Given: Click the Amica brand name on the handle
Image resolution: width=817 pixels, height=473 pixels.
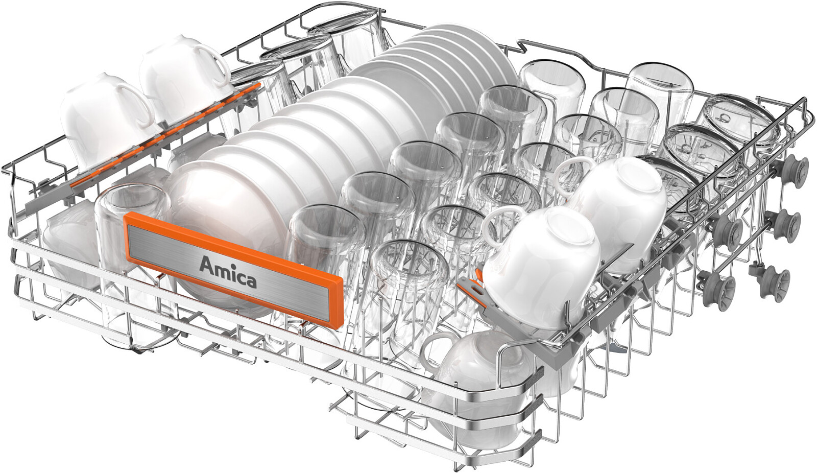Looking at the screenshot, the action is pos(228,272).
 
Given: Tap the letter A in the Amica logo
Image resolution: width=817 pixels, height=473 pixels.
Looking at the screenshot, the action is pos(207,265).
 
